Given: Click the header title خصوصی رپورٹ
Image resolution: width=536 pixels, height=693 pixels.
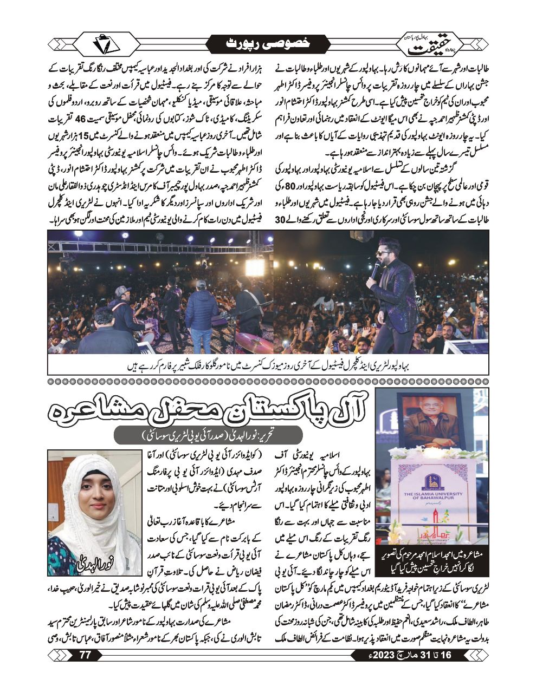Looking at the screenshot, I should [267, 44].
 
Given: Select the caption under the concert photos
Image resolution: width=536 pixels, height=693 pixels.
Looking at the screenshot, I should [268, 365].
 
